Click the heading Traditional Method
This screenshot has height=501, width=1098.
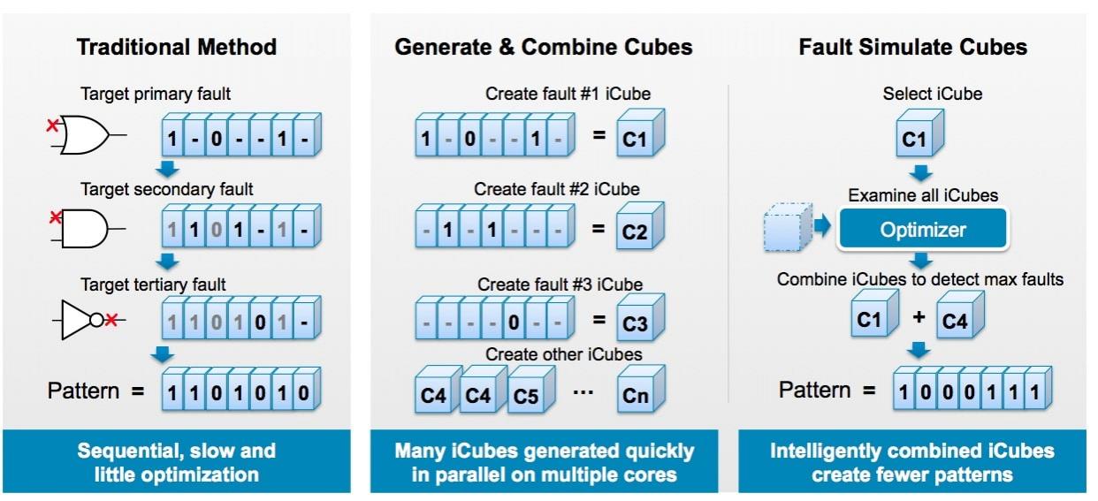[177, 47]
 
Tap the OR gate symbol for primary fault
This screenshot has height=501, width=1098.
[84, 134]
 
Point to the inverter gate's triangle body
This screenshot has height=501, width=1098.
[76, 320]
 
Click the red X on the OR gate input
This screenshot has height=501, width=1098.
[52, 125]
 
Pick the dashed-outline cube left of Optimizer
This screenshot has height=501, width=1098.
[787, 228]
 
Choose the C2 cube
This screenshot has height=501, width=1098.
[639, 226]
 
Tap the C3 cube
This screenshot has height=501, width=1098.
[639, 318]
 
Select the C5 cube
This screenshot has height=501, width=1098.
[530, 391]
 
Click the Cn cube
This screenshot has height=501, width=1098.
[640, 390]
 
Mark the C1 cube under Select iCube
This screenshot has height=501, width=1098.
[919, 133]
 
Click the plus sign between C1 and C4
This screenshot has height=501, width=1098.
[919, 317]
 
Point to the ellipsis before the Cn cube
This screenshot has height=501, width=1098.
[583, 391]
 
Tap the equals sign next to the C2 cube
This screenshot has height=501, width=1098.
[598, 228]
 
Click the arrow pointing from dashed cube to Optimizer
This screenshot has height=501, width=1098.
[822, 225]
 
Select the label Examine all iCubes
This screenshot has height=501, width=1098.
[923, 195]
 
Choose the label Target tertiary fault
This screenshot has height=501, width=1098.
[153, 285]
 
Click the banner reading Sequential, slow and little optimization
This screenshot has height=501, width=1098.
[177, 461]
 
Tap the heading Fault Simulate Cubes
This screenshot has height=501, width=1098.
[912, 47]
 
